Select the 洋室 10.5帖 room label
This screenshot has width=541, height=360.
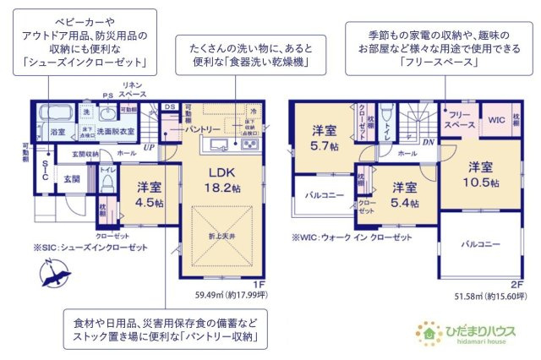point(480,173)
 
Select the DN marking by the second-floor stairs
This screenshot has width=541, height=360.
point(429,142)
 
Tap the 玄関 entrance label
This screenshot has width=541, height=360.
point(72,179)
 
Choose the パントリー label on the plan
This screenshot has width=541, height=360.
point(204,128)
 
